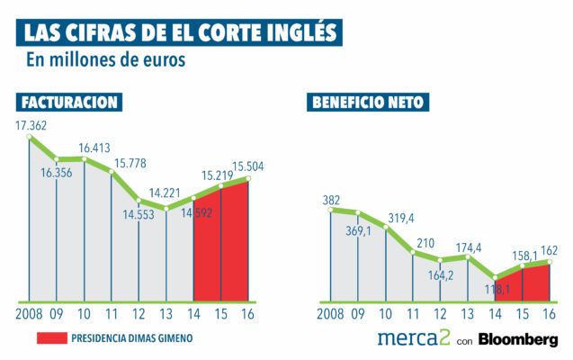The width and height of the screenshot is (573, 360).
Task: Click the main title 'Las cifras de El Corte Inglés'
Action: coord(180,32)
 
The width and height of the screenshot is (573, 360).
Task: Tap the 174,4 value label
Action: coord(466,247)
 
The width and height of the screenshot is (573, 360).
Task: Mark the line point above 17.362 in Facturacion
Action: coord(31,137)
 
